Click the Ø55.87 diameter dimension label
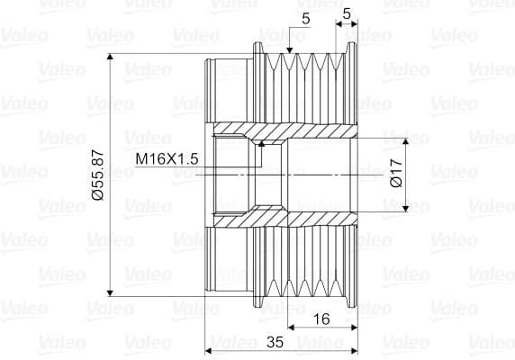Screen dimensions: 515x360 (x=98, y=175)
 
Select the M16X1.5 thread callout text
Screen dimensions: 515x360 (x=167, y=159)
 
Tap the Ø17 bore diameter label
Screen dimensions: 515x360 (x=397, y=173)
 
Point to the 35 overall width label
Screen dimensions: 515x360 (x=275, y=342)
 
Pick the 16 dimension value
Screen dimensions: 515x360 (x=321, y=319)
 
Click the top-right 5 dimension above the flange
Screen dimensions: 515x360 (x=347, y=13)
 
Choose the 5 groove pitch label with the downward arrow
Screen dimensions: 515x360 (x=306, y=19)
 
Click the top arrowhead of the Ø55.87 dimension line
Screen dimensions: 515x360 (x=110, y=57)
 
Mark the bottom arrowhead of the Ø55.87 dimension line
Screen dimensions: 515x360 (x=110, y=292)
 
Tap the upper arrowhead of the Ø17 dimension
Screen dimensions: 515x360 (x=406, y=141)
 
